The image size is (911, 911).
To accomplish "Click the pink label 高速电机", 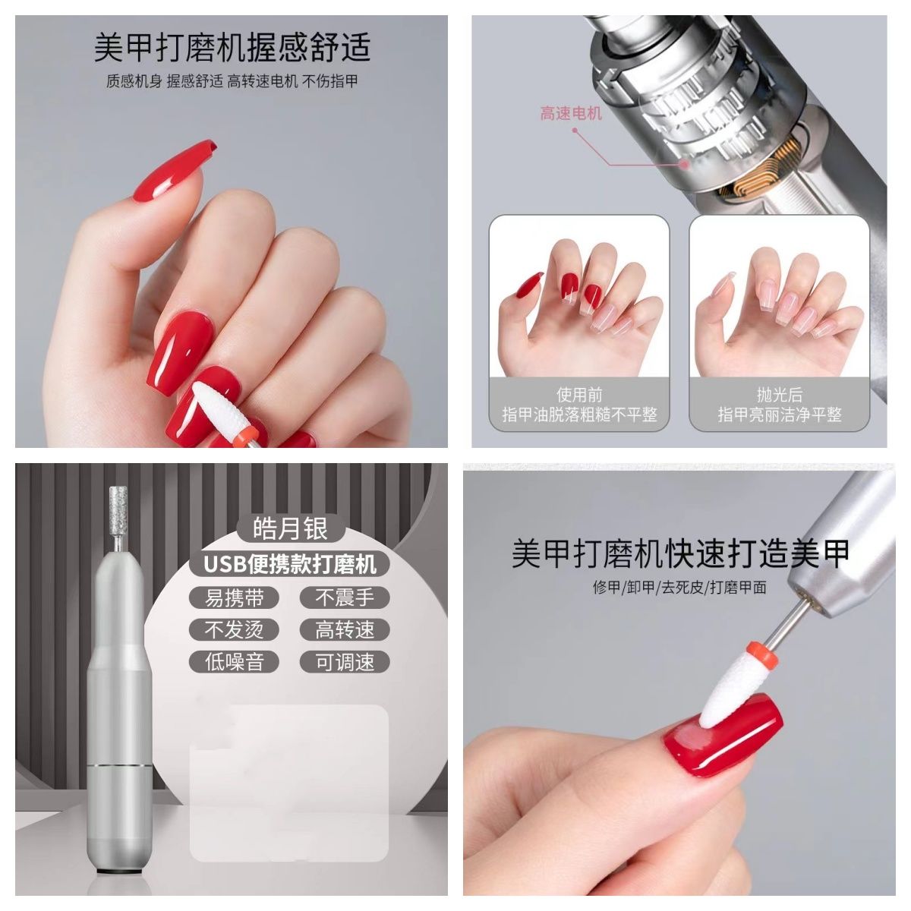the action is tap(571, 113).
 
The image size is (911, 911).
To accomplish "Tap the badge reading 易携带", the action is tap(234, 598).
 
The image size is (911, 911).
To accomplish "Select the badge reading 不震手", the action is tap(345, 598).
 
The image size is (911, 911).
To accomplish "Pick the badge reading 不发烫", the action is tap(234, 629).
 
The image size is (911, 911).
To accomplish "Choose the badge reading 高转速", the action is tap(345, 629).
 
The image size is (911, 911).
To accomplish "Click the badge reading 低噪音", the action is tap(234, 662).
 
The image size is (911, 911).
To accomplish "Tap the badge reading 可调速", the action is tap(345, 662).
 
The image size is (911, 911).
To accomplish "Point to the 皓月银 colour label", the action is tap(290, 528).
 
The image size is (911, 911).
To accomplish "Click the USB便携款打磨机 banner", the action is tap(289, 564).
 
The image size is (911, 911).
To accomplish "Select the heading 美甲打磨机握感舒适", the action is tap(232, 47).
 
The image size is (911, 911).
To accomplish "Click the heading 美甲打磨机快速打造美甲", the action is tap(680, 553).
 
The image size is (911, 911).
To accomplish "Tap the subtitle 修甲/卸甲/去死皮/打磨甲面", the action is tap(679, 588).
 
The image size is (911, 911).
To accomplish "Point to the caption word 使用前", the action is tap(579, 394).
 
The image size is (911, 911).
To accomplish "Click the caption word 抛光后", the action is tap(780, 394).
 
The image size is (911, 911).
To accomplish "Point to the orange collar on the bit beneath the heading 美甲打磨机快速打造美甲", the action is tap(761, 653).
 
